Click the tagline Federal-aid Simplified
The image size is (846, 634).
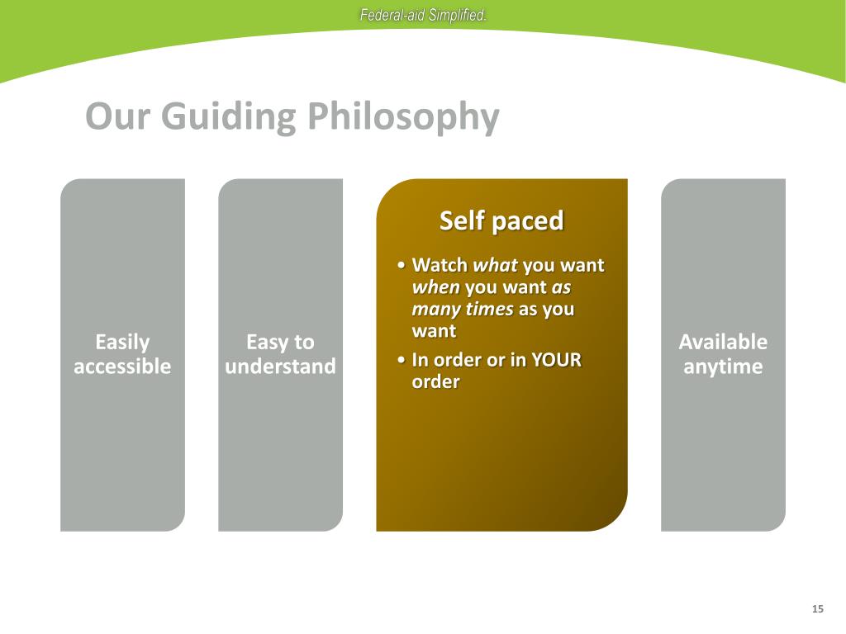click(x=423, y=15)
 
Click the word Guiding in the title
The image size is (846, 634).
click(x=229, y=117)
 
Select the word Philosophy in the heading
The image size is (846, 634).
click(x=403, y=117)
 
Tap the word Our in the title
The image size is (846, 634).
click(x=117, y=116)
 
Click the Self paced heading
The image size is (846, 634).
click(x=501, y=220)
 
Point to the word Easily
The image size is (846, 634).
click(x=122, y=343)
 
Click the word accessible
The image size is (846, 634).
click(x=122, y=367)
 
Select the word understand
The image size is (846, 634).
click(x=281, y=367)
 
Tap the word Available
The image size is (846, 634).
click(x=723, y=342)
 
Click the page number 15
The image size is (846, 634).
click(x=817, y=608)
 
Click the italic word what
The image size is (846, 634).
click(x=496, y=265)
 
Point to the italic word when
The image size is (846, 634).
click(x=436, y=287)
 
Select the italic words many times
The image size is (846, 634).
click(x=463, y=310)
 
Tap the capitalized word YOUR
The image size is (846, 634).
click(x=556, y=360)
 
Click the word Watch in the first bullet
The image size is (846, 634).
click(x=440, y=265)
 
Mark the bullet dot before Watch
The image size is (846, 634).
click(x=401, y=265)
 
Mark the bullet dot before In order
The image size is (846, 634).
click(x=401, y=360)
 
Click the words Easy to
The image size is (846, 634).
click(x=281, y=343)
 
